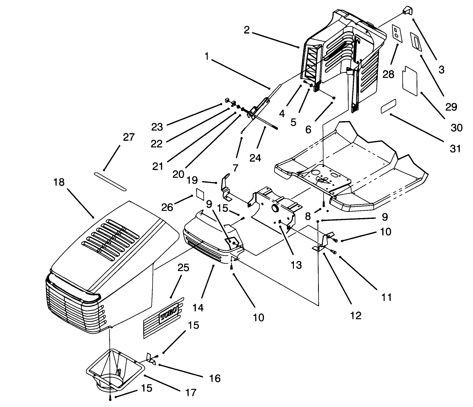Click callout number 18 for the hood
click(59, 182)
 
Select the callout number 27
click(128, 137)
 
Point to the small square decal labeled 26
click(200, 193)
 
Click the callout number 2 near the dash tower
click(247, 30)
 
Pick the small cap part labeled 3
click(407, 11)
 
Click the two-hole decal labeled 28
click(396, 33)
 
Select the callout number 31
click(455, 148)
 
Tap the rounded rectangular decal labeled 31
click(388, 106)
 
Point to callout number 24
click(255, 158)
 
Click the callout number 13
click(296, 265)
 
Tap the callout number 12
click(356, 315)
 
